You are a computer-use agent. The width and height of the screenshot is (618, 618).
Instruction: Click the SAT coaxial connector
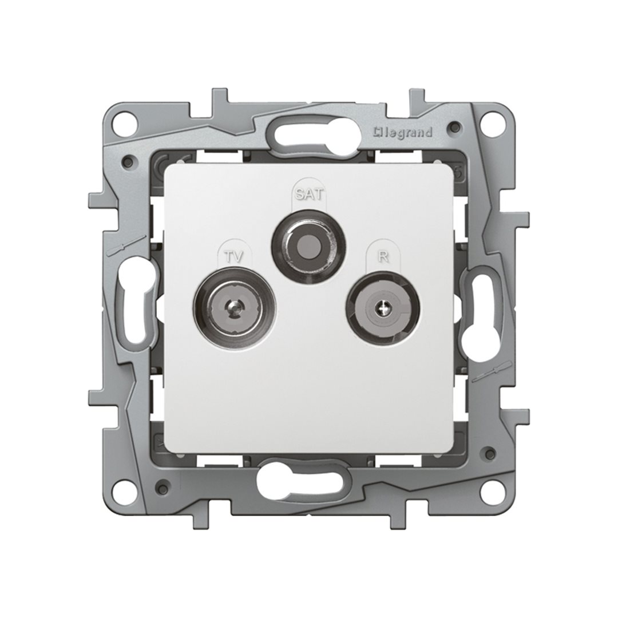click(x=309, y=245)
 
